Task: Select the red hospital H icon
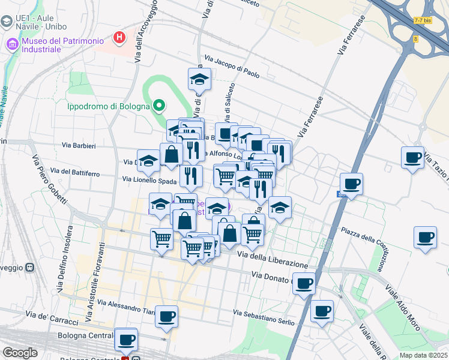[x=120, y=37]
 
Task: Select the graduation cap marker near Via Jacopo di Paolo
[x=200, y=79]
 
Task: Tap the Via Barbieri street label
[x=79, y=145]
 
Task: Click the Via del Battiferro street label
[x=75, y=173]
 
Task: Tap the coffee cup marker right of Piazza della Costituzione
[x=425, y=237]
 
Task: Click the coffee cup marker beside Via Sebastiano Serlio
[x=322, y=311]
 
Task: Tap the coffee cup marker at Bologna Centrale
[x=126, y=340]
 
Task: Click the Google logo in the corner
[x=20, y=353]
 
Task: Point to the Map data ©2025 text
[x=423, y=355]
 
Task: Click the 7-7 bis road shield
[x=423, y=20]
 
